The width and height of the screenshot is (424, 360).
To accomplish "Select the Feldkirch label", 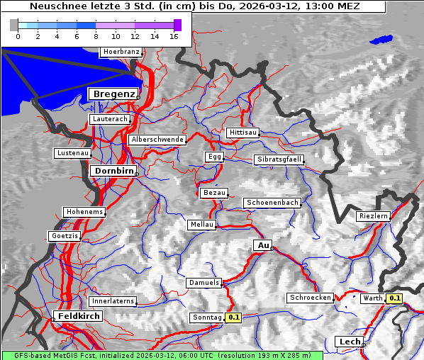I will (x=78, y=315).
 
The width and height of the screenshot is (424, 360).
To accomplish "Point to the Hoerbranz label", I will (x=121, y=52).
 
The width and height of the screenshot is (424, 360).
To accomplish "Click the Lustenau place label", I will (x=73, y=153).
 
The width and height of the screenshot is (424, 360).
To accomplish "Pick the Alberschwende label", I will (x=157, y=140).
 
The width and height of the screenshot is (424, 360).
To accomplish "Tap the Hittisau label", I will (x=243, y=133).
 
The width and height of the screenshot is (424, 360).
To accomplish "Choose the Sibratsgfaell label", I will (x=279, y=159).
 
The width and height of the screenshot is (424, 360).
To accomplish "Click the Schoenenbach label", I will (x=272, y=203).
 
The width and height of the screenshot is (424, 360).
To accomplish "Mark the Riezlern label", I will (x=374, y=215).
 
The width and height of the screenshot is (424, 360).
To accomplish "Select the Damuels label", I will (x=204, y=283).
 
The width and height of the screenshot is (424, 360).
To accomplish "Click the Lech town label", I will (x=350, y=342).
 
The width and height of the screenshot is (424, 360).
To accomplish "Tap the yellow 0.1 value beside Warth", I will (x=394, y=298).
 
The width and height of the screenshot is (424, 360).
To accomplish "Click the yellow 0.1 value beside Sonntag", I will (x=234, y=317).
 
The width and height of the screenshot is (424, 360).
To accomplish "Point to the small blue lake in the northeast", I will (x=381, y=40).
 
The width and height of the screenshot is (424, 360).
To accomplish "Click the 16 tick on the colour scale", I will (x=173, y=36).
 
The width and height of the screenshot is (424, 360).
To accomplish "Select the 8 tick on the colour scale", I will (x=96, y=36).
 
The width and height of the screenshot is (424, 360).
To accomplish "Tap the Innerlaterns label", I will (x=113, y=301).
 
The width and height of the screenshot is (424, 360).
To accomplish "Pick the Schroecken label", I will (x=310, y=298).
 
